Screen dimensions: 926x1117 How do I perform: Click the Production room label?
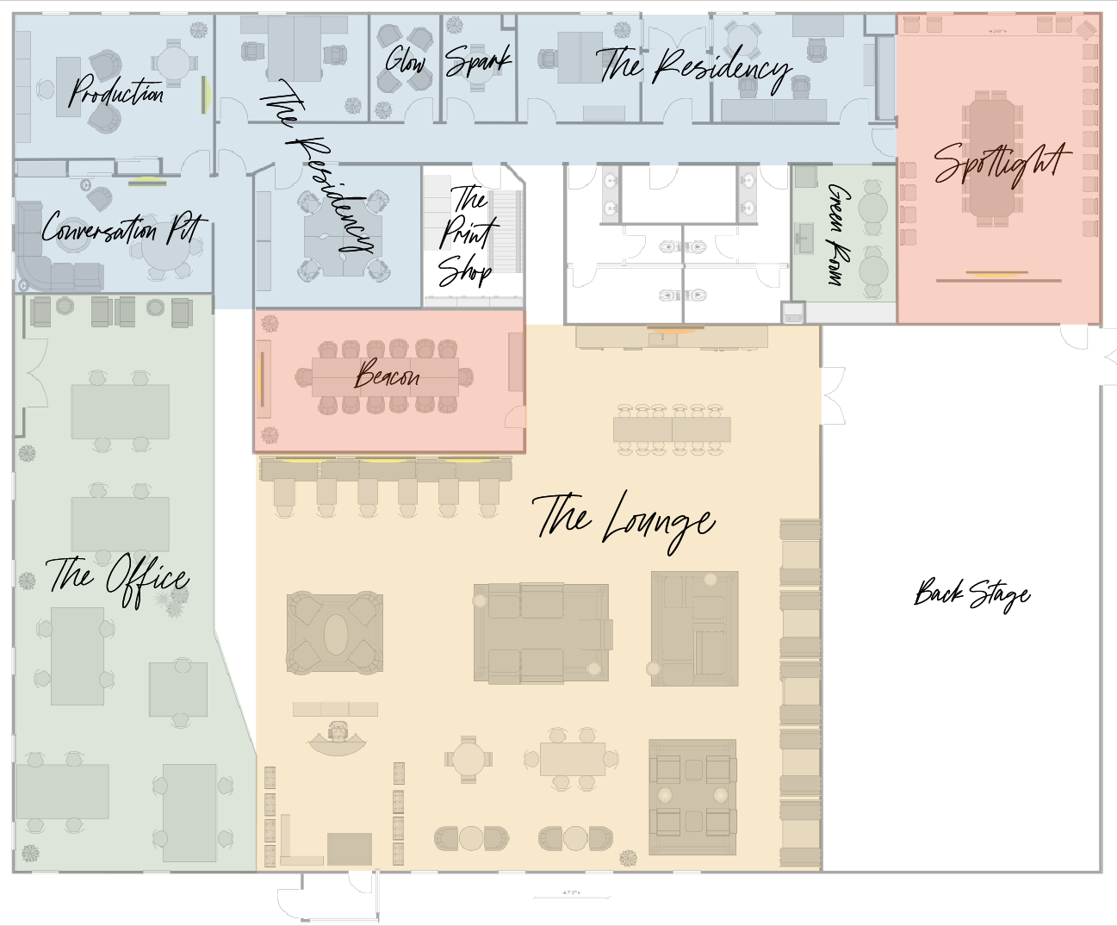coord(116,91)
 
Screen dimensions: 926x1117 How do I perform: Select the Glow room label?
coord(406,60)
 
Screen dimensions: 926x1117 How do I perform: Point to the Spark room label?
coord(478,61)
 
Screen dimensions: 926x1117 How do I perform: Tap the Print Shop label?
coord(467,235)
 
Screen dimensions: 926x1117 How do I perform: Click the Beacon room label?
coord(388,376)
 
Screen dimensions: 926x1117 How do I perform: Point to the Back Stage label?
coord(971,594)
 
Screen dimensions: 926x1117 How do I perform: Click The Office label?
coord(118,578)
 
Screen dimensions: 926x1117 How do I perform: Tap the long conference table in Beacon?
coord(385,377)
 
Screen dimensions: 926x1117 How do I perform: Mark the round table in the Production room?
coord(173,63)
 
